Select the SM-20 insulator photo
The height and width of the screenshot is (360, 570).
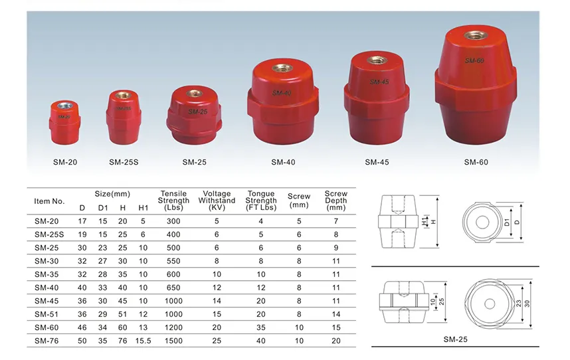[64, 124]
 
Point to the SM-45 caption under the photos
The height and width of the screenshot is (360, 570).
[377, 161]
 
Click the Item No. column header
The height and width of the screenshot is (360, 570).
[49, 201]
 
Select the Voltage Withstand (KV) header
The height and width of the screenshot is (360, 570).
[217, 201]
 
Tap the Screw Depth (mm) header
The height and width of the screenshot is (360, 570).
[336, 201]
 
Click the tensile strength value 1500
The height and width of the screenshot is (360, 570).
[173, 340]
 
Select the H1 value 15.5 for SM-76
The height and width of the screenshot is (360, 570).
[143, 340]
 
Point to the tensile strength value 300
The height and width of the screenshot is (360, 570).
[173, 221]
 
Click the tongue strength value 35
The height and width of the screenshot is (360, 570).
[261, 327]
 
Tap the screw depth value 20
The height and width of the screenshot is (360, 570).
[336, 340]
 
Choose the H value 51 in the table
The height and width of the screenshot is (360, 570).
[122, 314]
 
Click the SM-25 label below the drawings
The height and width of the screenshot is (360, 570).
[456, 339]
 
